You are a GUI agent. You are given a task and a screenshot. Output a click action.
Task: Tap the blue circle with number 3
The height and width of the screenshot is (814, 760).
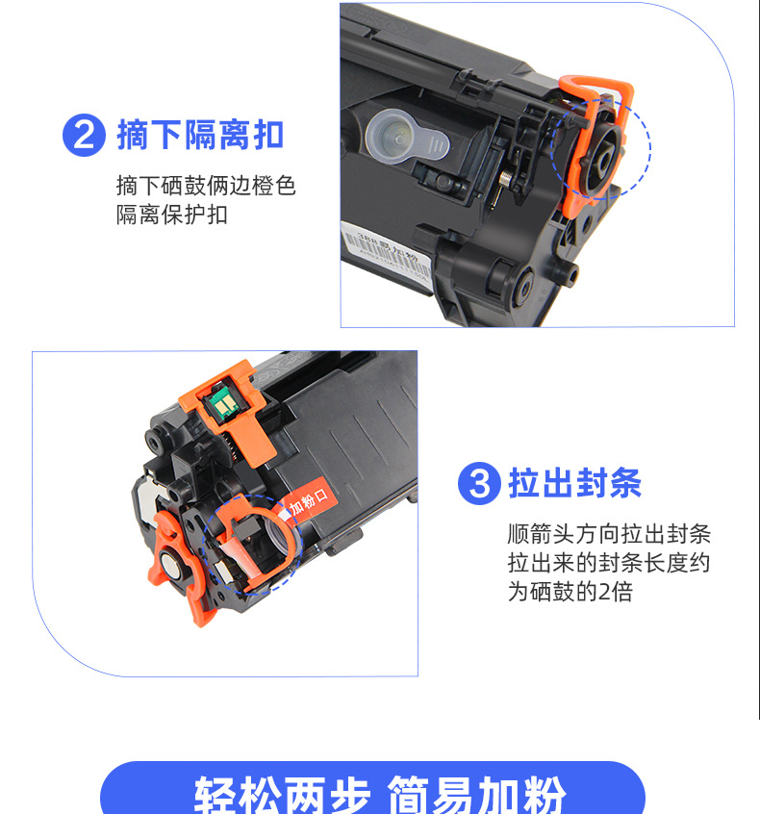click(x=478, y=483)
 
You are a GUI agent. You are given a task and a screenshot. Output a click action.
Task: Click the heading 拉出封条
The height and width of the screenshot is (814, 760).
click(x=574, y=483)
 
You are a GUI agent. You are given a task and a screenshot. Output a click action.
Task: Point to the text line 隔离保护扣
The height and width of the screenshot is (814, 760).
click(x=172, y=215)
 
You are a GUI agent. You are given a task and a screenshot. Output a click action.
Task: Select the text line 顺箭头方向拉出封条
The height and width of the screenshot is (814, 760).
click(x=609, y=534)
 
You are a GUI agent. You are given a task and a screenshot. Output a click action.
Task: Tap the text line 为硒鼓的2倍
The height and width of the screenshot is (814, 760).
click(x=570, y=592)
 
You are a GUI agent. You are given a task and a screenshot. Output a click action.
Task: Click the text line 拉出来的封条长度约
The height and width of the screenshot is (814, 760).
click(x=609, y=563)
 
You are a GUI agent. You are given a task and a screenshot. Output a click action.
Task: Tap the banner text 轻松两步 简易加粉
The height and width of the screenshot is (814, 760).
click(x=380, y=794)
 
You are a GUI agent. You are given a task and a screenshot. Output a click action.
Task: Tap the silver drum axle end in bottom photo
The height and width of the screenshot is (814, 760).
click(x=172, y=566)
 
